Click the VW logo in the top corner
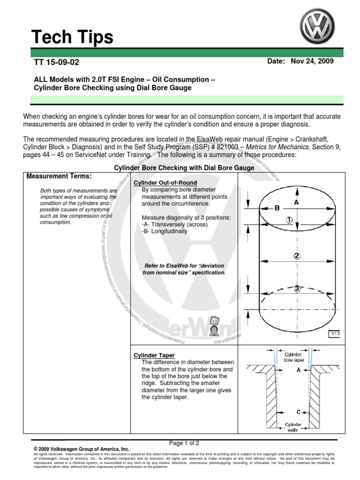[x=318, y=27]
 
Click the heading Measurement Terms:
[x=59, y=176]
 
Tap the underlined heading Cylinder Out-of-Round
[x=165, y=182]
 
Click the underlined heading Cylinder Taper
[x=154, y=355]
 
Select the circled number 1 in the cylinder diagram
[x=289, y=220]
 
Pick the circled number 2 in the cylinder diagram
[x=296, y=256]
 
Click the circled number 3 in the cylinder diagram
[x=297, y=289]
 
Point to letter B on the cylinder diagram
[x=277, y=208]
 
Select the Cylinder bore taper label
[x=293, y=358]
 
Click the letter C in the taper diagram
[x=298, y=412]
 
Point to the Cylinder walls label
[x=293, y=427]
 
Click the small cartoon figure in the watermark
[x=214, y=325]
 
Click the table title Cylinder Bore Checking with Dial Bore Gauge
[x=184, y=168]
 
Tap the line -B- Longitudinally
[x=164, y=232]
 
